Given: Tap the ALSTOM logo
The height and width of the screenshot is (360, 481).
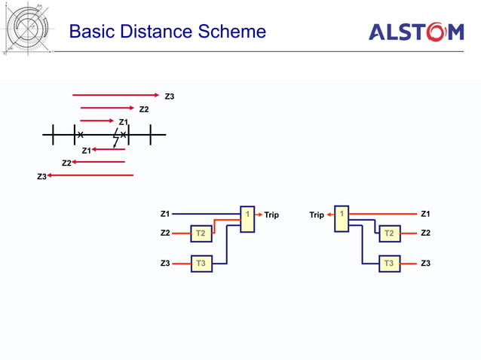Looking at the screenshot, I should click(x=415, y=32).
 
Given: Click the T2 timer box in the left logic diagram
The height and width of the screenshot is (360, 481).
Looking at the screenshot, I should click(x=201, y=233).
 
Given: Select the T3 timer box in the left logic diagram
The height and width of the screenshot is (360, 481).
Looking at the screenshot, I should click(x=201, y=264).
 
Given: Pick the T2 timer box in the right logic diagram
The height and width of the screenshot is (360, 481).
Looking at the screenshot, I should click(x=388, y=233).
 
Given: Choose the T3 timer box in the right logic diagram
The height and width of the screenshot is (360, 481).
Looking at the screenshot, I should click(x=388, y=264).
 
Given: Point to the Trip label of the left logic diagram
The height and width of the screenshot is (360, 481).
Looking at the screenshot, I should click(x=271, y=215).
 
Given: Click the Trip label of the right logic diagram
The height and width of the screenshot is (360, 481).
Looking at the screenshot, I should click(x=317, y=215).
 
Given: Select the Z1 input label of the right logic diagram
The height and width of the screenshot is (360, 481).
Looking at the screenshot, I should click(x=425, y=214).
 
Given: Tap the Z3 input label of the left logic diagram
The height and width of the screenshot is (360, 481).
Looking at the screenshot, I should click(x=165, y=264).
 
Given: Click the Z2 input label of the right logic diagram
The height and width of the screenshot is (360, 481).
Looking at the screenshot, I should click(x=425, y=233).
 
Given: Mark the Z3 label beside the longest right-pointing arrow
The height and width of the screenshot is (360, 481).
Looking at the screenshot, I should click(x=170, y=96).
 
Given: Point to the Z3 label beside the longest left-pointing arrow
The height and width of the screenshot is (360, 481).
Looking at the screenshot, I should click(x=41, y=176).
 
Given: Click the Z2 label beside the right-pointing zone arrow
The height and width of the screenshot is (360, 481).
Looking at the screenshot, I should click(x=144, y=109).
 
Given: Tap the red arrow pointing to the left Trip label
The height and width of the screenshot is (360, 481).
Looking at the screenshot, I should click(x=259, y=215).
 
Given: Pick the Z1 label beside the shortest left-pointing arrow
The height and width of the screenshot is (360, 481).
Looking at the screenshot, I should click(x=86, y=151).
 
